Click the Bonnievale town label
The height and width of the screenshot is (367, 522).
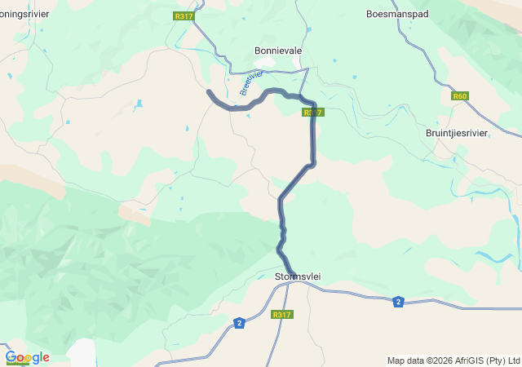(x=278, y=51)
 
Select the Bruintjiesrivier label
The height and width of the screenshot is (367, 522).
(x=457, y=133)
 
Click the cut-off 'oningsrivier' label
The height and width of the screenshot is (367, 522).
(x=24, y=14)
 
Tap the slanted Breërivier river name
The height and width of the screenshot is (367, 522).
(x=251, y=83)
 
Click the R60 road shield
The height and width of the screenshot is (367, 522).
(x=460, y=96)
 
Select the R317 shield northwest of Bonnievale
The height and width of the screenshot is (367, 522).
(x=184, y=15)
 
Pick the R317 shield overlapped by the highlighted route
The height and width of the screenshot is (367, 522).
(x=313, y=113)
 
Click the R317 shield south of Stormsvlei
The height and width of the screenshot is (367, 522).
(x=281, y=315)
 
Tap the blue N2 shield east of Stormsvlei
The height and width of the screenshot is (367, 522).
(x=398, y=302)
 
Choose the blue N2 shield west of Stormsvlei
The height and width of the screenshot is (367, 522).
(x=239, y=323)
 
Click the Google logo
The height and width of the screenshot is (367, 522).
(x=27, y=357)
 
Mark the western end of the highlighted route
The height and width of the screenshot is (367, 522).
(x=209, y=92)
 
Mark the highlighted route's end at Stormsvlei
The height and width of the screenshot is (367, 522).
(x=292, y=272)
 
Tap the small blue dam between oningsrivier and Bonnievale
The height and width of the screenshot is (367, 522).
(x=139, y=104)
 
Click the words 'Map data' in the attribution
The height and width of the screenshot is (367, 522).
(x=405, y=360)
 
